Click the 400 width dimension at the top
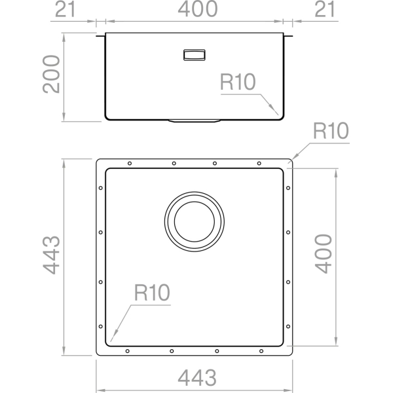pyautogui.click(x=198, y=9)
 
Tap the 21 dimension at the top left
pyautogui.click(x=65, y=9)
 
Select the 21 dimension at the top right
pyautogui.click(x=325, y=9)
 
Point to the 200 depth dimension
pyautogui.click(x=51, y=74)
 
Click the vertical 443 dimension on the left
pyautogui.click(x=51, y=255)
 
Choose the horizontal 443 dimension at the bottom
pyautogui.click(x=197, y=378)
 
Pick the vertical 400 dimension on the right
pyautogui.click(x=324, y=253)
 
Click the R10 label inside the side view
pyautogui.click(x=238, y=82)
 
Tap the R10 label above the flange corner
pyautogui.click(x=331, y=130)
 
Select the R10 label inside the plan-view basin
pyautogui.click(x=152, y=293)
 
